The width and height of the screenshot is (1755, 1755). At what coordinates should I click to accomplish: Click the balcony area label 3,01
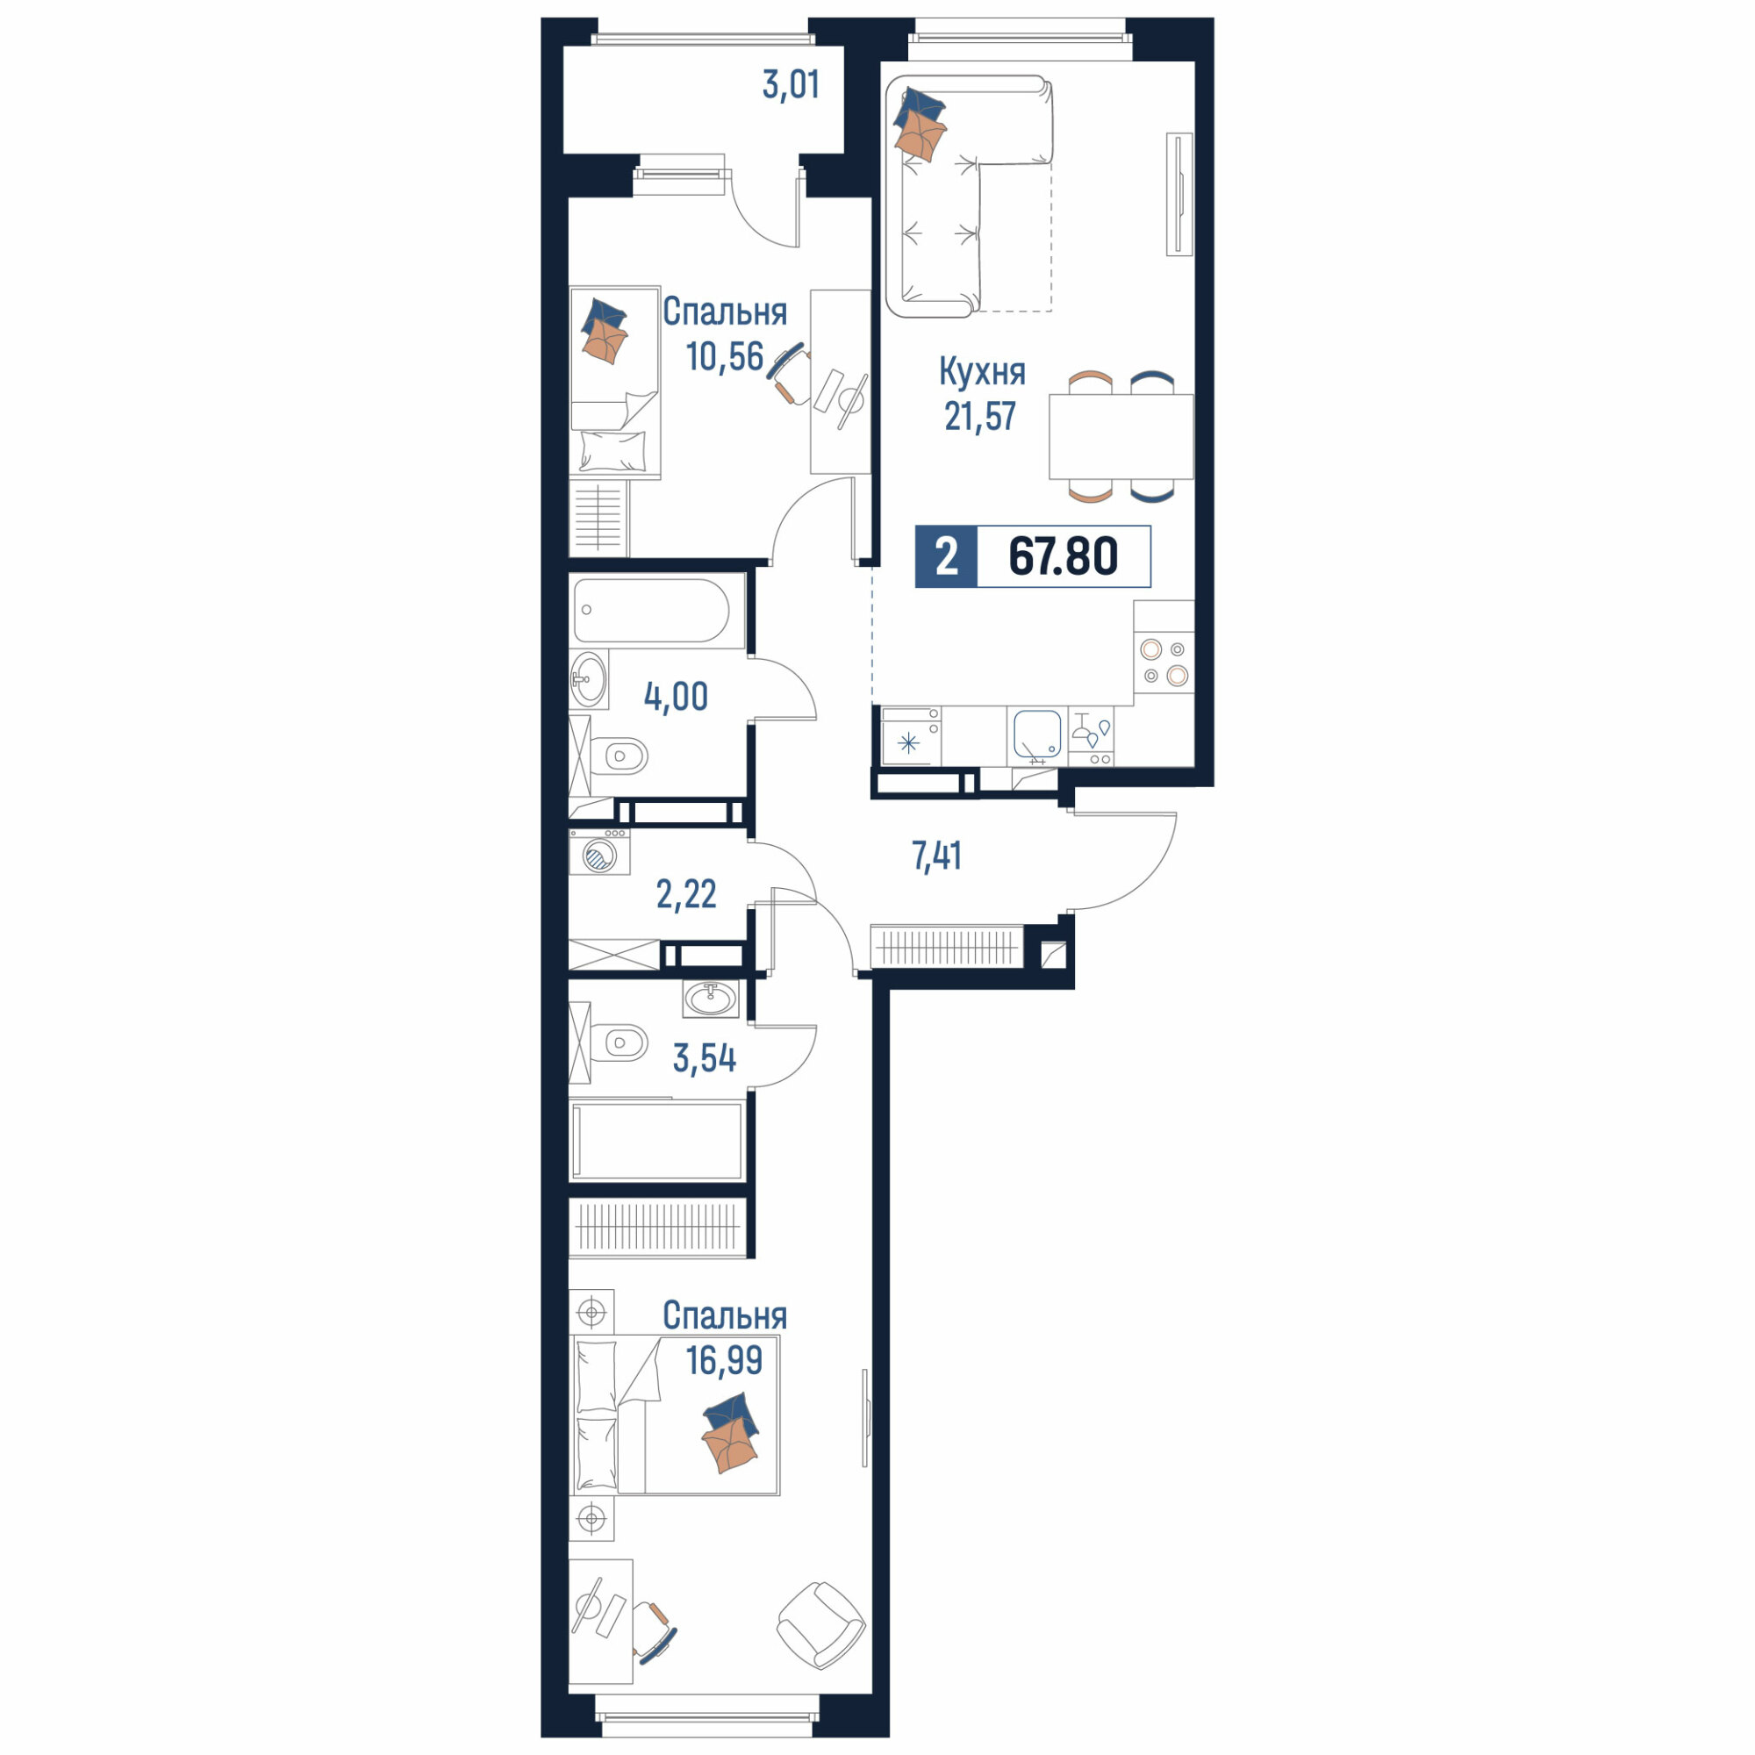[792, 85]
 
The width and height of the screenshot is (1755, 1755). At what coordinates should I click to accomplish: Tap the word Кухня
[982, 371]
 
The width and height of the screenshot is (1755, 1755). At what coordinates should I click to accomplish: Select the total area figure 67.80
[1063, 556]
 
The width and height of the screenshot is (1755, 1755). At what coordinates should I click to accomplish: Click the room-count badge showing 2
[947, 556]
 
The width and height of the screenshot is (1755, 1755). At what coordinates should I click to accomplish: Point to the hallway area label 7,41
[936, 856]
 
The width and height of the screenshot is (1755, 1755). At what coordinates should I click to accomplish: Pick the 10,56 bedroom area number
[725, 357]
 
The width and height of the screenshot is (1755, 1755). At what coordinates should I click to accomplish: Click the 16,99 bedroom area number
[724, 1361]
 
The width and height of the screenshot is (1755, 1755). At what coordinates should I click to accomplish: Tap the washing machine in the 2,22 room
[599, 852]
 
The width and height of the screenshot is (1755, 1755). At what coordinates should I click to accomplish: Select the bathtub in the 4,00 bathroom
[651, 611]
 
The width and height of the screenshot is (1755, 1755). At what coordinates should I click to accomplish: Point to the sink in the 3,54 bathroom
[711, 999]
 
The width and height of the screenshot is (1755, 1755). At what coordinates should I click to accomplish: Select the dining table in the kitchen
[1121, 436]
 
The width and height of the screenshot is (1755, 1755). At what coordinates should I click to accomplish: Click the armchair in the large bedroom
[821, 1625]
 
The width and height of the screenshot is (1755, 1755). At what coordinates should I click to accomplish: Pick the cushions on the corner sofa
[920, 124]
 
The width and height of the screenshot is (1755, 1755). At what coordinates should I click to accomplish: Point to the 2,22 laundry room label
[686, 895]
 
